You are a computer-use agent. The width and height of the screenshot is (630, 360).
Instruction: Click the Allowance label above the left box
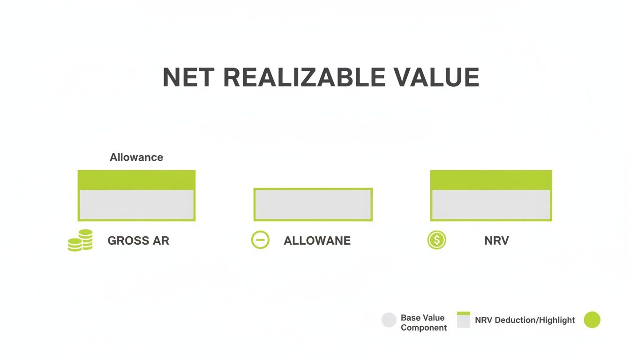tap(136, 157)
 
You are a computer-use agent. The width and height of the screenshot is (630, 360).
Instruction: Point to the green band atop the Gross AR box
tap(136, 180)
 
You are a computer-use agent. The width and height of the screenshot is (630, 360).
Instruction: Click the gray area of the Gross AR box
tap(136, 205)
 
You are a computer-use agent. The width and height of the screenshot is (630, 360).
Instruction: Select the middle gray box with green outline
tap(313, 204)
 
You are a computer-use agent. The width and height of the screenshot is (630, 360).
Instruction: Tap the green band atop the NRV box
tap(491, 180)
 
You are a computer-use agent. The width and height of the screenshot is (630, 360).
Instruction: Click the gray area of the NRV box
tap(491, 205)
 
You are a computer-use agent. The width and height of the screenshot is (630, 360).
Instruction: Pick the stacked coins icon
tap(81, 240)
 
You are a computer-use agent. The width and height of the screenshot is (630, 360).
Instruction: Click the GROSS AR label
tap(138, 241)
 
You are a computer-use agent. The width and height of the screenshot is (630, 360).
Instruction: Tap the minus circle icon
tap(260, 240)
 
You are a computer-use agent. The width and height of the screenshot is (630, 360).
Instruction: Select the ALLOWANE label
tap(317, 241)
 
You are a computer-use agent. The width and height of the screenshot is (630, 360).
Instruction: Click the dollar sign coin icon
tap(437, 240)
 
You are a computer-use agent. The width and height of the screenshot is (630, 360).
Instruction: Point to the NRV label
tap(496, 241)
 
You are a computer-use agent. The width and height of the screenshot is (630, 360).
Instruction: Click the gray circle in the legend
tap(389, 320)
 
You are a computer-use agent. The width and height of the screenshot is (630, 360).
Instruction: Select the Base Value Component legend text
tap(423, 322)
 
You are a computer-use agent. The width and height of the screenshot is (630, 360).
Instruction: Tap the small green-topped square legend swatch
tap(463, 320)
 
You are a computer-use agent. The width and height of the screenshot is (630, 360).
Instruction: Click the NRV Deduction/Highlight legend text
tap(525, 320)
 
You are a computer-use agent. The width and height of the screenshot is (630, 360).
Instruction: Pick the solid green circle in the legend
tap(592, 320)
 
